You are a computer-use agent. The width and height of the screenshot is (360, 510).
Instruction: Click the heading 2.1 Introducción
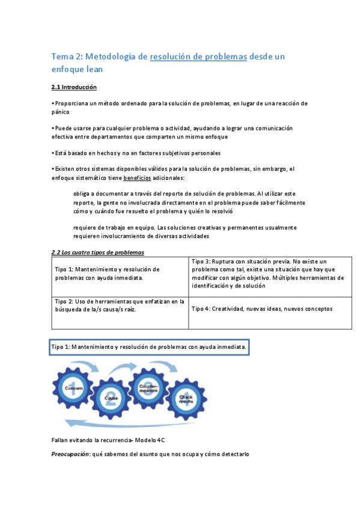pos(74,87)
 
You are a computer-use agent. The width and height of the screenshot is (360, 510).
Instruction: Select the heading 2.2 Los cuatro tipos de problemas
pos(97,252)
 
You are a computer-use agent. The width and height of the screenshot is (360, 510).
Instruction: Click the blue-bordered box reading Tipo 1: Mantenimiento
pos(148,348)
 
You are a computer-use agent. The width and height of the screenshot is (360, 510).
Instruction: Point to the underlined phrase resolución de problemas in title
pos(198,57)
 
